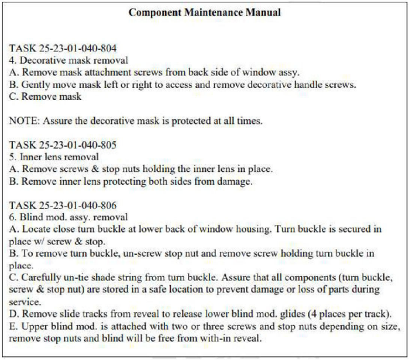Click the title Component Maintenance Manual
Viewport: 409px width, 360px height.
pyautogui.click(x=204, y=12)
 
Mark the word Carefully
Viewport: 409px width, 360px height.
pyautogui.click(x=46, y=278)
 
